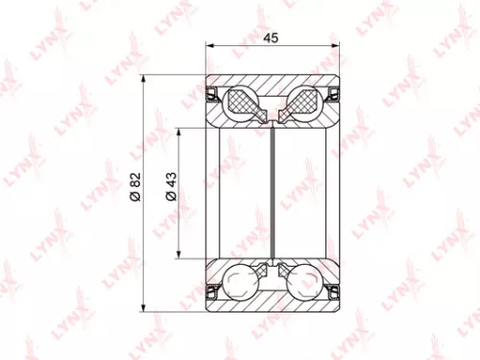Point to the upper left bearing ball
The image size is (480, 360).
(240, 102)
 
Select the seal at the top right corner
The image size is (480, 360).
(334, 93)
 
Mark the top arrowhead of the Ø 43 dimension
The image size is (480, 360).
(178, 132)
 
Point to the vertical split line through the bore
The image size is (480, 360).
(275, 192)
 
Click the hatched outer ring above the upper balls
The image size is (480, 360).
(275, 84)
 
